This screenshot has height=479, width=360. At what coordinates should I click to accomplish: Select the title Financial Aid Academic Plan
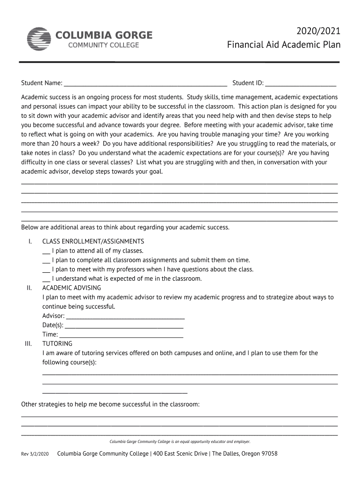click(284, 45)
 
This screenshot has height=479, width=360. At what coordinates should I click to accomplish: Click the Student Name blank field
click(145, 84)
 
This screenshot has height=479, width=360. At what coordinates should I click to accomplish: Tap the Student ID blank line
click(301, 84)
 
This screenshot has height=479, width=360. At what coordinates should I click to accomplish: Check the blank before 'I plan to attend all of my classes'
click(46, 251)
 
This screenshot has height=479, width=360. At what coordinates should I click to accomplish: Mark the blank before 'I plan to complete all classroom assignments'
click(46, 261)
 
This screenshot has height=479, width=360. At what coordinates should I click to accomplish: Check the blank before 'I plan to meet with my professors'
click(46, 270)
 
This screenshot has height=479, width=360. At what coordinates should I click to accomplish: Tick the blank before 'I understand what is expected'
click(46, 279)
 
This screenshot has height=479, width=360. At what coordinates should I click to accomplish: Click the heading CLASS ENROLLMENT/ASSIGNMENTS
click(93, 241)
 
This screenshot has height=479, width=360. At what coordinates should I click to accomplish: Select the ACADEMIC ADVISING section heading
click(72, 288)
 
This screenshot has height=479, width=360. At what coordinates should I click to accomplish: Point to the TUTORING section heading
click(58, 344)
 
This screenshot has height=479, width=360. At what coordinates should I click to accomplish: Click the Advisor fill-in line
click(125, 317)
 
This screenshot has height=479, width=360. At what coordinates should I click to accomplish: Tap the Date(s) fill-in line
click(124, 326)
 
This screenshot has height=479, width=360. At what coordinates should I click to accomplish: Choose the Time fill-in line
click(122, 335)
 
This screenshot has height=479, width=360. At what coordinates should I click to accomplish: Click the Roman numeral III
click(28, 344)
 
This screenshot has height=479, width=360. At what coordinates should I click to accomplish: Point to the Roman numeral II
click(29, 288)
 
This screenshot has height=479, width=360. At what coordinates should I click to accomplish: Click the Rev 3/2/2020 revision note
click(35, 454)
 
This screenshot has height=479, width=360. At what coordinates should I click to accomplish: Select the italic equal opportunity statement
click(180, 442)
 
